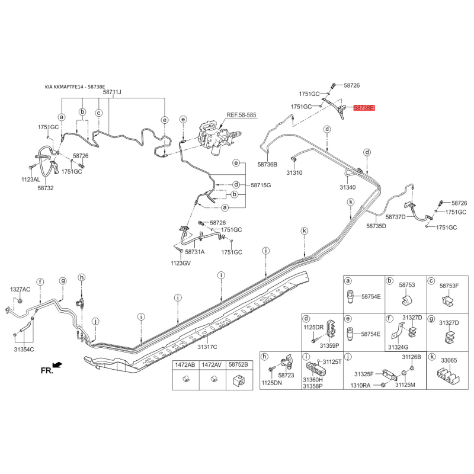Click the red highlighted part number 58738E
tap(364, 108)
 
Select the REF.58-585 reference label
tap(241, 115)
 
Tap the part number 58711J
tap(112, 92)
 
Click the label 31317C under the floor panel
tap(207, 347)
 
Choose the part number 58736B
tap(267, 165)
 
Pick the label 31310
tap(294, 172)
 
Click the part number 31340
tap(348, 187)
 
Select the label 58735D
tap(376, 226)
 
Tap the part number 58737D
tap(395, 217)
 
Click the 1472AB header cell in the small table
tap(185, 365)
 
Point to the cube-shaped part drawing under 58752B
tap(238, 380)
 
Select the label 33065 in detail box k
tap(449, 360)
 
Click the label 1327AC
tap(20, 289)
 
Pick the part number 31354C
tap(24, 350)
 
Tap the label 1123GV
tap(181, 263)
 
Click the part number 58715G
tap(261, 185)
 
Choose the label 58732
tap(46, 188)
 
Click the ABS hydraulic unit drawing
tap(216, 139)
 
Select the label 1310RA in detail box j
tap(360, 386)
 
